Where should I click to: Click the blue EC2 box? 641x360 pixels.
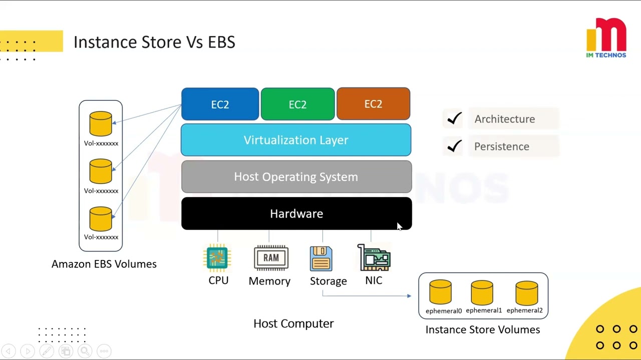220,104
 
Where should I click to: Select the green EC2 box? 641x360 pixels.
297,104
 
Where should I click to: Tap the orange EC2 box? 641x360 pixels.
373,104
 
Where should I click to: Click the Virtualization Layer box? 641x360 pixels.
296,140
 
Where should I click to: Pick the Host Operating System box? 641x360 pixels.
296,177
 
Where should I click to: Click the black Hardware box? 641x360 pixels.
296,213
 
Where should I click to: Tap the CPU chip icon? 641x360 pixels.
217,258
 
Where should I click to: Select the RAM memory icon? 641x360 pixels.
271,258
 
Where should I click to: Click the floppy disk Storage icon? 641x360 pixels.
321,258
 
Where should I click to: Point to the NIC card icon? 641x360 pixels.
374,258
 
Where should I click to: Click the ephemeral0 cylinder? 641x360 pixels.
440,292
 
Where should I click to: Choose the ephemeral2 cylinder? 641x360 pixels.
526,292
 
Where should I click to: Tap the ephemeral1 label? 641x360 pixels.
484,310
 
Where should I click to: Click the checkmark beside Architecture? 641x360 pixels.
454,118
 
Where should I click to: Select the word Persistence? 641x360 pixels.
501,146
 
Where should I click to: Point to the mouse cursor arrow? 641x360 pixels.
399,226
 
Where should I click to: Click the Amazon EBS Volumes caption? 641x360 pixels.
104,264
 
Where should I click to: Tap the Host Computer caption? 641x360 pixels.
293,323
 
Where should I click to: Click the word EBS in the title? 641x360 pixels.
221,42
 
